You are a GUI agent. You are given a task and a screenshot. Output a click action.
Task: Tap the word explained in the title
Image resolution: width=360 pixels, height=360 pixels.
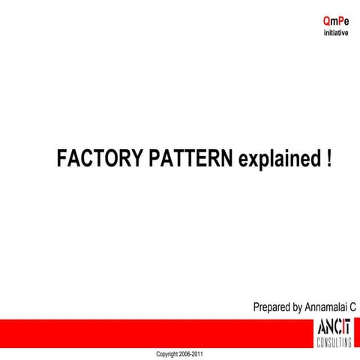277,158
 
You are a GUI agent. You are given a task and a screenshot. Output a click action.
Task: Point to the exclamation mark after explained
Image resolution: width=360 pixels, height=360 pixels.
328,158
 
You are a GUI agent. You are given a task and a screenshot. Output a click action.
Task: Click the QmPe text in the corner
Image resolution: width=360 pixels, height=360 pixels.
335,22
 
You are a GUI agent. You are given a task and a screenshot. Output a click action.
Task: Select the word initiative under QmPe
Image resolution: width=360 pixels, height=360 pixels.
335,34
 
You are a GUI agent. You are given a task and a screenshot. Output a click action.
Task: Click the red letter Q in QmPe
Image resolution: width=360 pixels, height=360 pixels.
326,22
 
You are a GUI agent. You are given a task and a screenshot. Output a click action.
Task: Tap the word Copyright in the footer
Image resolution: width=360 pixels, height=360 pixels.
169,353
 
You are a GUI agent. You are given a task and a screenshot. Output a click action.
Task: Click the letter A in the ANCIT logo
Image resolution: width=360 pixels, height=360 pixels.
321,328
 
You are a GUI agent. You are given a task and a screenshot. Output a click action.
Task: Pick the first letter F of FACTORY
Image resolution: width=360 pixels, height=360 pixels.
62,158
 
